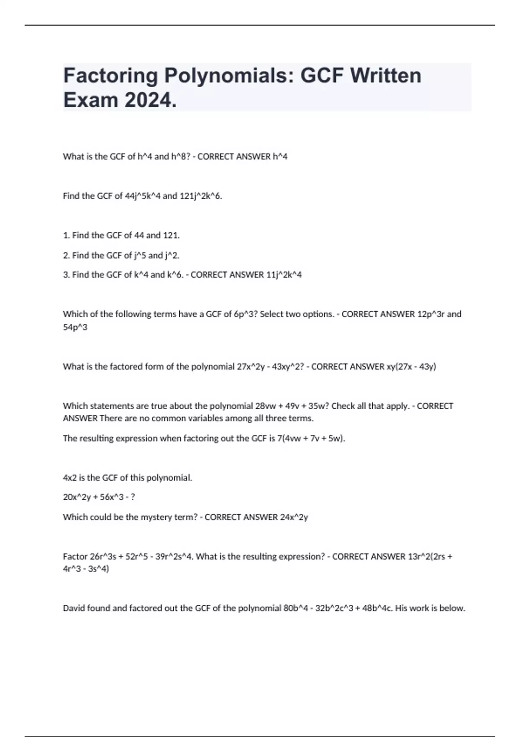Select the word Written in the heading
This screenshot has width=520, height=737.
pyautogui.click(x=385, y=76)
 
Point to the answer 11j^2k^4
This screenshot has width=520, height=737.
pyautogui.click(x=284, y=275)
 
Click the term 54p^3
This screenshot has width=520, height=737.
pyautogui.click(x=75, y=327)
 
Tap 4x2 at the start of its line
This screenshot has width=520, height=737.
pyautogui.click(x=70, y=478)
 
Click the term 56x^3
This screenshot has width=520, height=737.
pyautogui.click(x=114, y=497)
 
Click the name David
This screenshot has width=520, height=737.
pyautogui.click(x=74, y=608)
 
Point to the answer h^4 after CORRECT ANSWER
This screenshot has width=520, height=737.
pyautogui.click(x=280, y=157)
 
